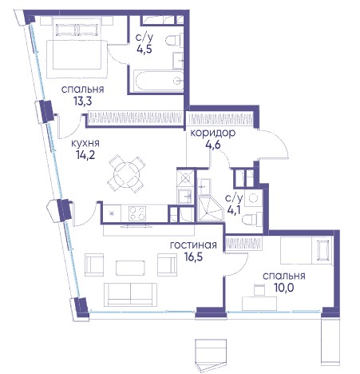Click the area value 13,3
(82, 101)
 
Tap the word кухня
(85, 143)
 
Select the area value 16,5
(193, 257)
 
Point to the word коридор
(213, 133)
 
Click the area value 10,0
(284, 288)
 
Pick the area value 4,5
(144, 49)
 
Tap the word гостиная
(193, 245)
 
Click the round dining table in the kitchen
(126, 174)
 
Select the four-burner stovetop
(137, 213)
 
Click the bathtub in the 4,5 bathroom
(158, 81)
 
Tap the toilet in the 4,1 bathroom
(252, 219)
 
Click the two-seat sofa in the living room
(130, 294)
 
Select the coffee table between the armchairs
(130, 268)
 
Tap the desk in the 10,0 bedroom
(259, 304)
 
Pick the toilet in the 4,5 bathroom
(174, 41)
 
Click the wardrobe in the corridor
(220, 118)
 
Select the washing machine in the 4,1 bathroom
(253, 197)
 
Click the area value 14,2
(85, 154)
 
